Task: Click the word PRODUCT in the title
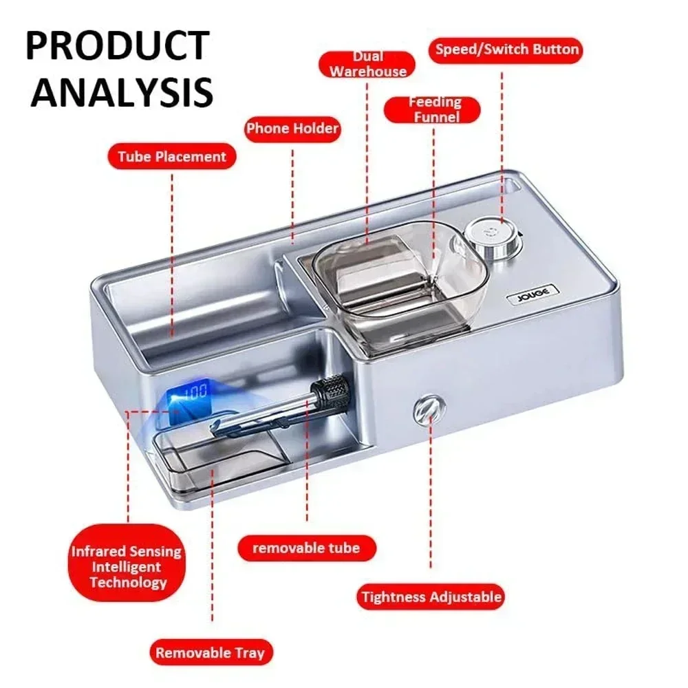(x=116, y=46)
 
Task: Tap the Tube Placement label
(x=171, y=156)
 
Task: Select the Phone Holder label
(x=292, y=129)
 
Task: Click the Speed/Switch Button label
(x=506, y=50)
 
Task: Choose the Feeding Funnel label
(x=435, y=109)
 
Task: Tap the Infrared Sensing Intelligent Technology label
(x=128, y=566)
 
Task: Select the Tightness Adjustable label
(x=431, y=596)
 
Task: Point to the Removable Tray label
(x=209, y=652)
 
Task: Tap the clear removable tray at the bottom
(x=220, y=460)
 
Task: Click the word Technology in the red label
(x=128, y=582)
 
